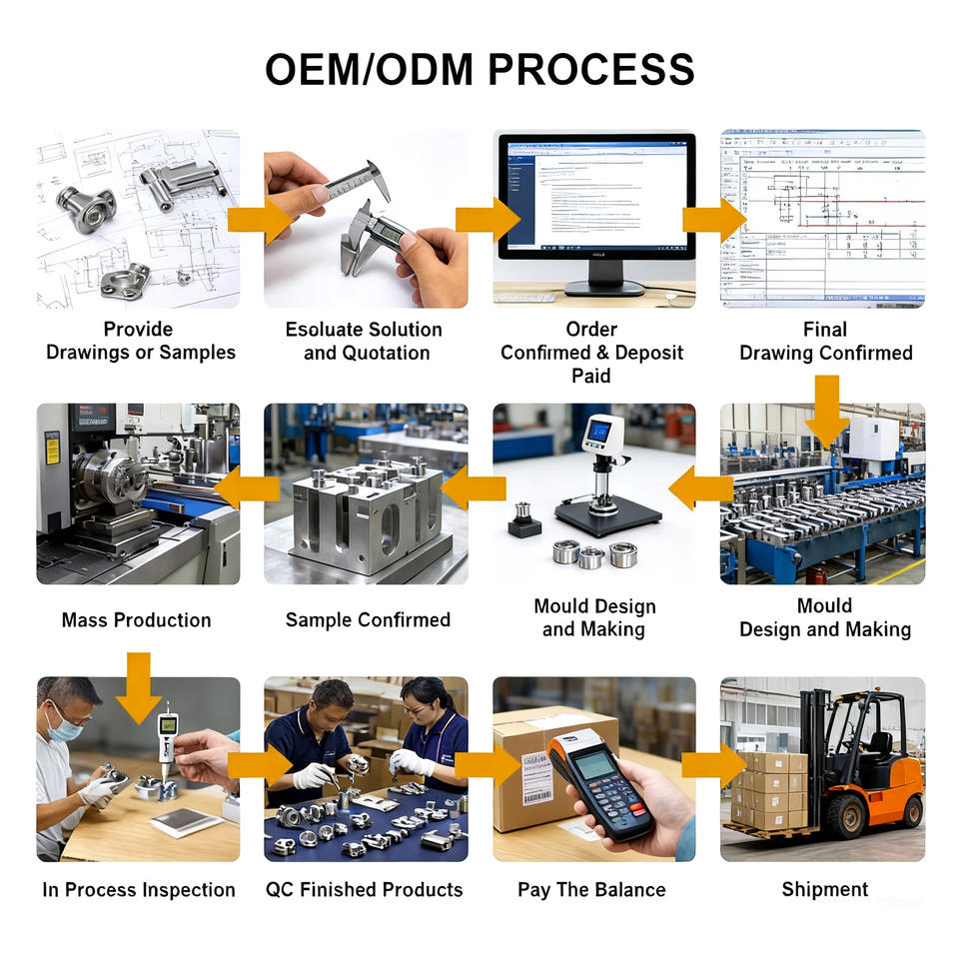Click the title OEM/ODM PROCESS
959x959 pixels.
tap(479, 70)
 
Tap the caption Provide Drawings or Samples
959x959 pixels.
tap(140, 341)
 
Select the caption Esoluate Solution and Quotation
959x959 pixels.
tap(366, 341)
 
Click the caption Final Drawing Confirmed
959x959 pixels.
tap(825, 341)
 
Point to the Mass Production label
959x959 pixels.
tap(137, 620)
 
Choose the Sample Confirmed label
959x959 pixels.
tap(368, 620)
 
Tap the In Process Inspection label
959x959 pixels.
tap(139, 889)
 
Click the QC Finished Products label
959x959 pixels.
tap(365, 889)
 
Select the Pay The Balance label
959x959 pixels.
tap(591, 889)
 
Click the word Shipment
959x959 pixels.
tap(825, 889)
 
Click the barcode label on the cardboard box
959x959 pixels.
tap(536, 780)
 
